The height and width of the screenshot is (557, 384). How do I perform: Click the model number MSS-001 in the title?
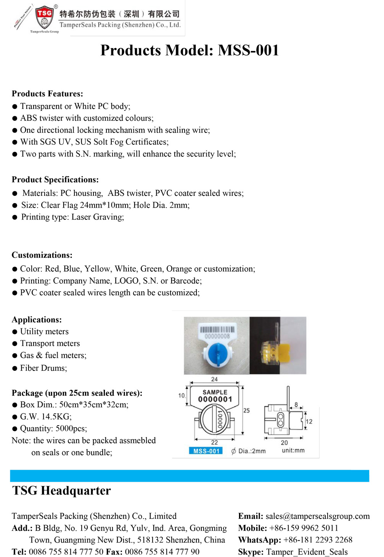pos(248,50)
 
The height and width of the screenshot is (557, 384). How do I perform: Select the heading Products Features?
pos(47,94)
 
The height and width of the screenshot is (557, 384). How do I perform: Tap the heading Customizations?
pos(42,255)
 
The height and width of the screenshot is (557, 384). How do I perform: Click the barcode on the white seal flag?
pos(217,330)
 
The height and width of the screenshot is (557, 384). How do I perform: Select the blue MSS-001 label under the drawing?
pos(206,451)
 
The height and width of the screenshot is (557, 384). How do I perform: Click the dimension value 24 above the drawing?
pos(214,379)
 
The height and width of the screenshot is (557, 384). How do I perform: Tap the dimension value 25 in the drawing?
pos(246,410)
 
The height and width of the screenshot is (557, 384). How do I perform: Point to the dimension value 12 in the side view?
pos(309,421)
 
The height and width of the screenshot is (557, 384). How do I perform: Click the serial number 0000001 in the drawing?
pos(215,399)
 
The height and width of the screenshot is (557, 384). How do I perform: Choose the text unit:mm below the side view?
pos(293,450)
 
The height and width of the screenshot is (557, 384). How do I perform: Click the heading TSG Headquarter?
pos(61,491)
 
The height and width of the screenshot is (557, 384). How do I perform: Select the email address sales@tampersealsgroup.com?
pos(318,516)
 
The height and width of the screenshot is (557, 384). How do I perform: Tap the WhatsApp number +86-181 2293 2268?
pos(318,540)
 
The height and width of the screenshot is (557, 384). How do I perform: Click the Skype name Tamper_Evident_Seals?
pos(307,552)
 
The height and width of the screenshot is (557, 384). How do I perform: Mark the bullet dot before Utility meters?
pos(15,332)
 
